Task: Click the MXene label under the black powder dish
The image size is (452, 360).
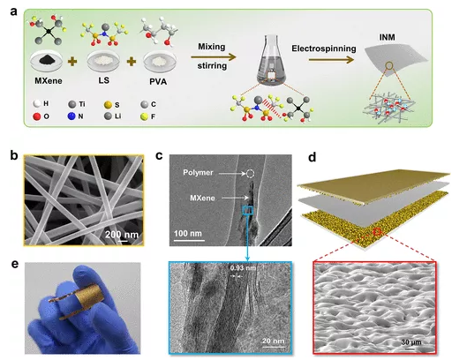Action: pos(49,80)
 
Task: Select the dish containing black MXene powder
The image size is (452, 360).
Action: pos(47,62)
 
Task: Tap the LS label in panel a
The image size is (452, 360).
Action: pos(104,80)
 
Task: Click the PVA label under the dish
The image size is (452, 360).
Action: pos(158,81)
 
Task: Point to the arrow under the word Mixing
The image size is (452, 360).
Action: pos(213,57)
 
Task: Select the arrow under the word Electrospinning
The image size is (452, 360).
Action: pos(331,60)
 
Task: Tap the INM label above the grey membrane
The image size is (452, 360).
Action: pos(387,37)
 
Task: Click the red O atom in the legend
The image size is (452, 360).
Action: pos(37,116)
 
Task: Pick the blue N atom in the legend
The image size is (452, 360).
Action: pos(72,116)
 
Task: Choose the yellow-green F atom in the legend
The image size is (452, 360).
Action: pos(144,116)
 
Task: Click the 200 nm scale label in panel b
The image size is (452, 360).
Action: pos(122,235)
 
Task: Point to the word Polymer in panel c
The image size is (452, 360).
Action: pos(198,172)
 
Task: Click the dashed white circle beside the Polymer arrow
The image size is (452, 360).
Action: pos(250,174)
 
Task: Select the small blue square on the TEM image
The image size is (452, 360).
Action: pos(247,211)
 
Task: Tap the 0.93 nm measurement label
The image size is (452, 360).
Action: pos(243,268)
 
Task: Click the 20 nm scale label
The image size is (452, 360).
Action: pos(274,341)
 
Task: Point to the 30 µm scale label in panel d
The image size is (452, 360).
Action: pos(411,342)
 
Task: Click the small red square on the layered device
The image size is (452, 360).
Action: pos(377,232)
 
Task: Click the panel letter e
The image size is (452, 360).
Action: pos(15,264)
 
